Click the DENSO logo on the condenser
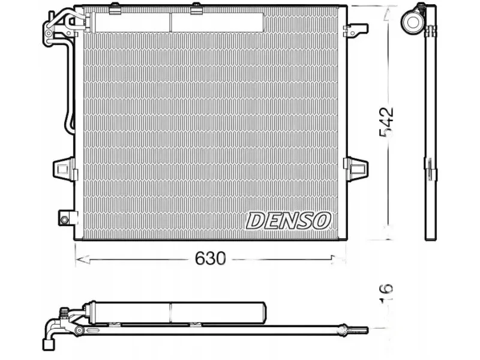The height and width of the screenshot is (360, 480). (x=288, y=220)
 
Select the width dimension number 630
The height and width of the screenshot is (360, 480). (x=211, y=259)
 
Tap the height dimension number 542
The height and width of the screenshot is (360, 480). (x=386, y=122)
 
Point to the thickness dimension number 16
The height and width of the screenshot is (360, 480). (x=386, y=293)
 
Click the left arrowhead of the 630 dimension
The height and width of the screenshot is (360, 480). (x=80, y=260)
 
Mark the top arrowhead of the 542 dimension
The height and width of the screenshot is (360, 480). (x=388, y=13)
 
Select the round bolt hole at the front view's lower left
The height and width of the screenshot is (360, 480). (x=64, y=220)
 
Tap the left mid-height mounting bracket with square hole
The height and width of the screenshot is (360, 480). (x=64, y=169)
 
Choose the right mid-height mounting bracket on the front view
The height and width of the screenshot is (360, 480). (x=355, y=169)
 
